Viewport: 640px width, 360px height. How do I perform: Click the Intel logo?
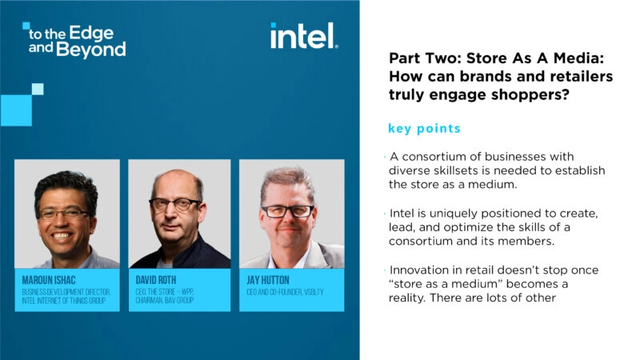click(x=304, y=37)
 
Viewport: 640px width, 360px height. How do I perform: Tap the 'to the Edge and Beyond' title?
click(x=76, y=41)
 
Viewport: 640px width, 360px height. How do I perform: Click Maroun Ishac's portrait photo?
click(x=66, y=214)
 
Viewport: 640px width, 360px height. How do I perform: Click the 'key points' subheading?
click(x=424, y=128)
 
